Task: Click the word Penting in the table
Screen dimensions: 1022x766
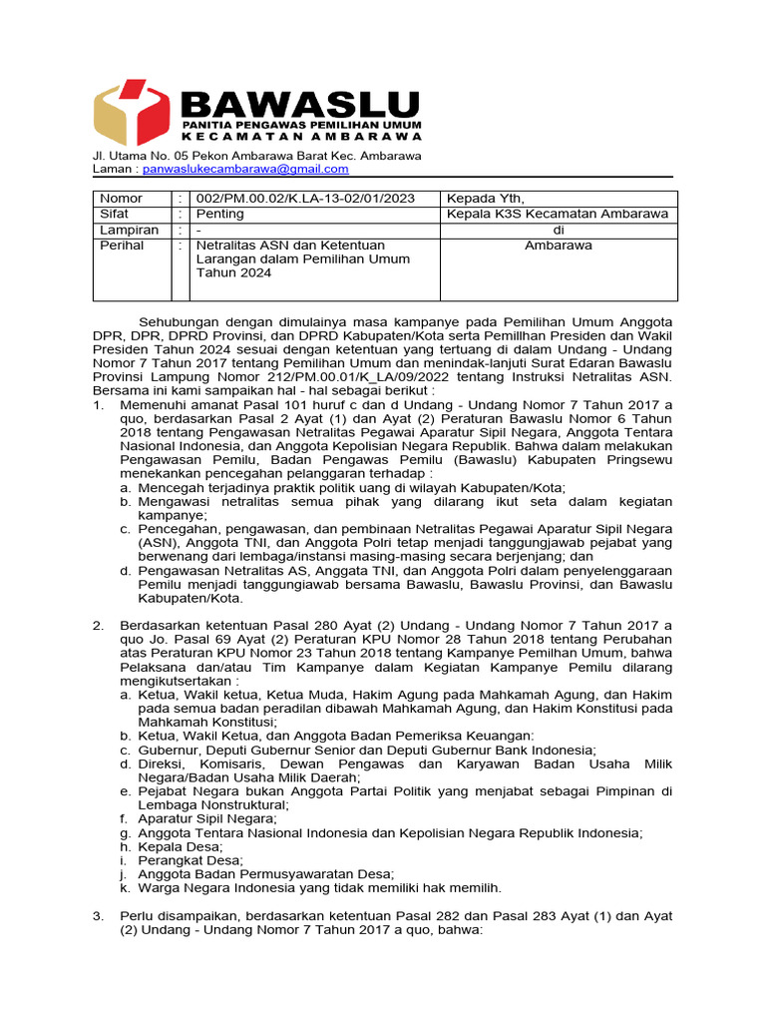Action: [218, 214]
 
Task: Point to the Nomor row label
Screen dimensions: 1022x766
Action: [121, 199]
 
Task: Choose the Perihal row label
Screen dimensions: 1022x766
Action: [121, 245]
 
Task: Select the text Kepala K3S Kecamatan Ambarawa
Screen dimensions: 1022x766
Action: [558, 214]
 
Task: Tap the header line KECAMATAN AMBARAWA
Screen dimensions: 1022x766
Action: [301, 136]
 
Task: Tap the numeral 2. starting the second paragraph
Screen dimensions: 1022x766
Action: [99, 625]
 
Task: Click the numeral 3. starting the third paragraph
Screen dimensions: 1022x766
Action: [99, 916]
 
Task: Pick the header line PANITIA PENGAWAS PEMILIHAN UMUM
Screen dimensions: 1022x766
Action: [301, 123]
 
